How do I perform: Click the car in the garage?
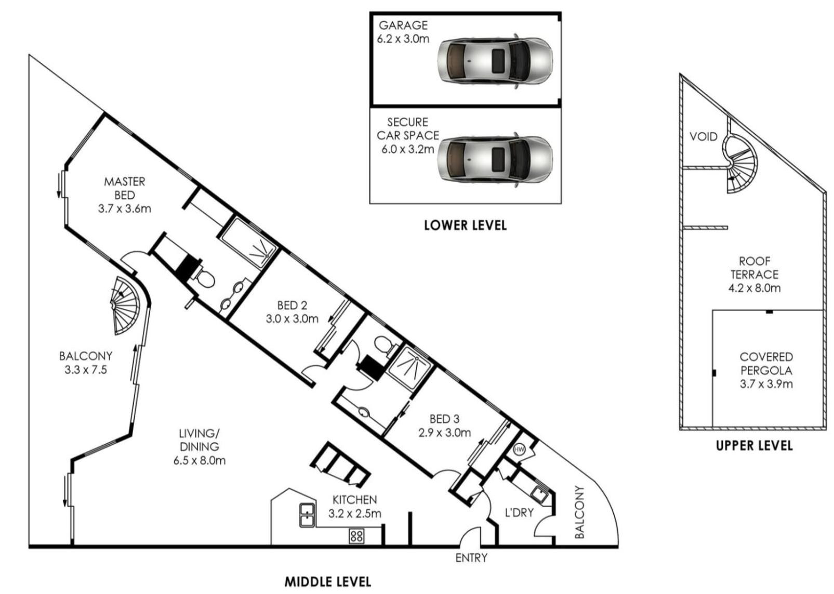[495, 61]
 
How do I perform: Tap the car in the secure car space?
[495, 159]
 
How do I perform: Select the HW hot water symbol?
[519, 449]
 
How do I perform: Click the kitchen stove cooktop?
[356, 536]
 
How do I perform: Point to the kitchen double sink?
[307, 515]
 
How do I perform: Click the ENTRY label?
[471, 558]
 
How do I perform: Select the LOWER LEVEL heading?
[465, 225]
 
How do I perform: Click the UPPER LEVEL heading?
[754, 446]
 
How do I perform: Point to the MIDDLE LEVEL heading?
[328, 582]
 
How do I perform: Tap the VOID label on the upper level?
[704, 137]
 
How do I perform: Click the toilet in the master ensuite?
[204, 278]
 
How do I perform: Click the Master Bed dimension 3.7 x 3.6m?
[124, 209]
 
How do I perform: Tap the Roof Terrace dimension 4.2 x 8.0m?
[754, 288]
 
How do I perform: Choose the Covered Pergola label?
[766, 364]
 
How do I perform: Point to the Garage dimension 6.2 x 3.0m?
[403, 39]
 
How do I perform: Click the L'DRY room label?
[519, 513]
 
